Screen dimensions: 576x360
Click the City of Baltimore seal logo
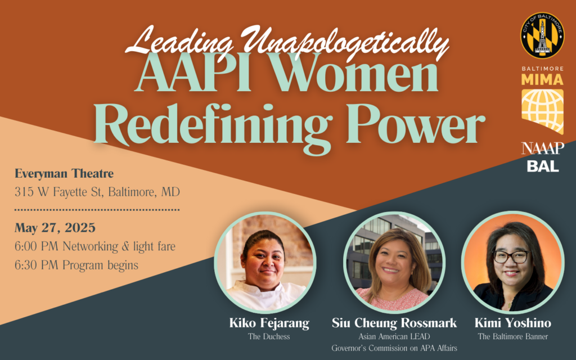pyautogui.click(x=542, y=35)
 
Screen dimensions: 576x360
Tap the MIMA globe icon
pyautogui.click(x=543, y=111)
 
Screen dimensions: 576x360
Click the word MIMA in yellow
pyautogui.click(x=543, y=79)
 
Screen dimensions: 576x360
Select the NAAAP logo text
pyautogui.click(x=543, y=148)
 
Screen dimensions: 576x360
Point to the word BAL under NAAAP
pyautogui.click(x=543, y=166)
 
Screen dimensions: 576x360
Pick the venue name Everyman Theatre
pyautogui.click(x=64, y=173)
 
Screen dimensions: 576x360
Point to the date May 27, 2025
pyautogui.click(x=55, y=228)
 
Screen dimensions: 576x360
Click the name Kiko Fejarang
pyautogui.click(x=269, y=323)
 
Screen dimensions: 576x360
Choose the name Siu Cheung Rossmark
pyautogui.click(x=394, y=323)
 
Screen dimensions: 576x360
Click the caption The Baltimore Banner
pyautogui.click(x=513, y=336)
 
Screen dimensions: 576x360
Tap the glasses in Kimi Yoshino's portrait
pyautogui.click(x=511, y=256)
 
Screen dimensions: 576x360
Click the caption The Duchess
pyautogui.click(x=269, y=336)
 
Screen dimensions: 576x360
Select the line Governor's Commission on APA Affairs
pyautogui.click(x=394, y=348)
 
